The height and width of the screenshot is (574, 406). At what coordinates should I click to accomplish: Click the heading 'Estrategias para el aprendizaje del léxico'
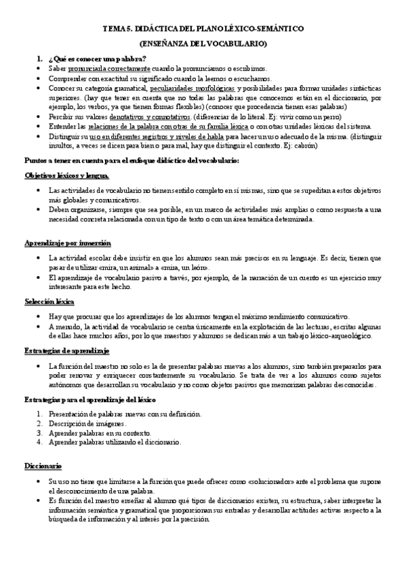[95, 401]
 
